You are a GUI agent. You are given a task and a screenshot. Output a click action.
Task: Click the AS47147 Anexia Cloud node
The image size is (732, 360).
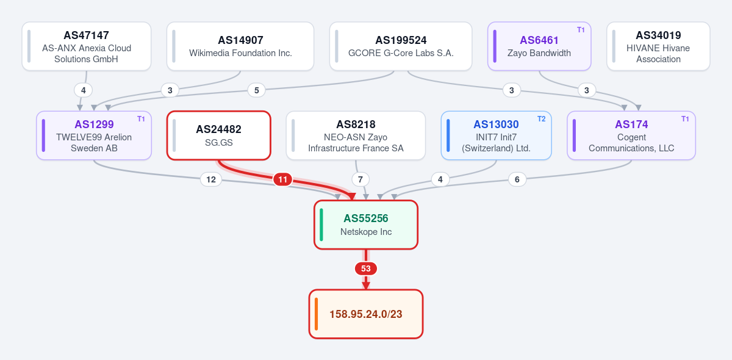click(87, 46)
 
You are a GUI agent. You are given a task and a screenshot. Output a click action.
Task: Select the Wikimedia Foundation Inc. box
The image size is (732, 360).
click(240, 46)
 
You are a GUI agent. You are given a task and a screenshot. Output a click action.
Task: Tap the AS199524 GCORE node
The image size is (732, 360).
click(401, 46)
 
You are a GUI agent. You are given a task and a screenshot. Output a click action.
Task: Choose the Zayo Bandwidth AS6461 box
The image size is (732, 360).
click(539, 46)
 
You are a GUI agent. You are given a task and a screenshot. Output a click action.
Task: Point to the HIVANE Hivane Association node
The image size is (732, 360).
click(658, 46)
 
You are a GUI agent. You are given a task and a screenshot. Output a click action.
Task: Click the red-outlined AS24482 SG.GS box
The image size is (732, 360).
click(218, 135)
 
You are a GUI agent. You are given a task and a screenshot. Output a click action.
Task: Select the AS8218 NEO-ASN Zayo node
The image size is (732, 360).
click(356, 135)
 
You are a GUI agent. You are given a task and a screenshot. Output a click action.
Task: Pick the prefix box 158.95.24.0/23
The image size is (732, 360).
click(365, 314)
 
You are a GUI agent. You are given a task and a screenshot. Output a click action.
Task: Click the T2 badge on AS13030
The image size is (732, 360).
click(542, 119)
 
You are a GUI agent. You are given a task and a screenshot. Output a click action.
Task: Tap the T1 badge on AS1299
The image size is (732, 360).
click(141, 119)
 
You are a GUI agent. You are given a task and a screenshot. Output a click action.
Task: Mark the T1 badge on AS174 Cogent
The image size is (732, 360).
click(685, 119)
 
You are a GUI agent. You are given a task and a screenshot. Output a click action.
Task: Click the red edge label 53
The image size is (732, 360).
click(365, 268)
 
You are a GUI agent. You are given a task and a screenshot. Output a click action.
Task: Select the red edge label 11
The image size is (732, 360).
click(282, 179)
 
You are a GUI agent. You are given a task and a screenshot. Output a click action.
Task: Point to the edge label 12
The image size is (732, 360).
click(211, 179)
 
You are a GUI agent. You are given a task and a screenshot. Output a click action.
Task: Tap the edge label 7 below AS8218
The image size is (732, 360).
click(361, 179)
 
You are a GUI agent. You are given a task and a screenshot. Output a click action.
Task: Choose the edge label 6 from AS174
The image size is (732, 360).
click(517, 179)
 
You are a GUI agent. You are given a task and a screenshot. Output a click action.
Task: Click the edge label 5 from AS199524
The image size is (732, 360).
click(257, 90)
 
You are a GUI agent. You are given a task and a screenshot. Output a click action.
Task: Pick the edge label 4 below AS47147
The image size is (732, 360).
click(84, 90)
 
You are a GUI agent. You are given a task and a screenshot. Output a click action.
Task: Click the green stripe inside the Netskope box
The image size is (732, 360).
click(321, 225)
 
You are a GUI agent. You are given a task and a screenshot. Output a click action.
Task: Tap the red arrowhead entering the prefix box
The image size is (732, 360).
click(365, 286)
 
